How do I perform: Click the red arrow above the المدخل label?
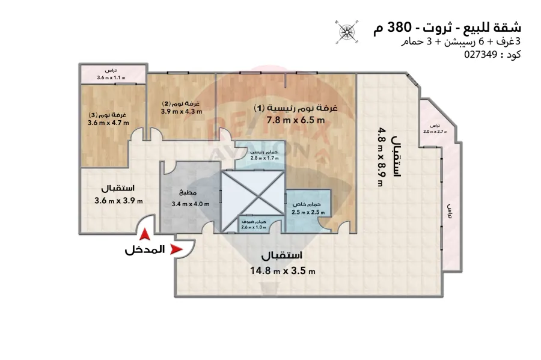point(144,236)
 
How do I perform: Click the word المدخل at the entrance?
point(144,250)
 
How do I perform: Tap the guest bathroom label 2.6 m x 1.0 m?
point(253,227)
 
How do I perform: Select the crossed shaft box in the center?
point(252,193)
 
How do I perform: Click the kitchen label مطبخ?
point(185,193)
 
